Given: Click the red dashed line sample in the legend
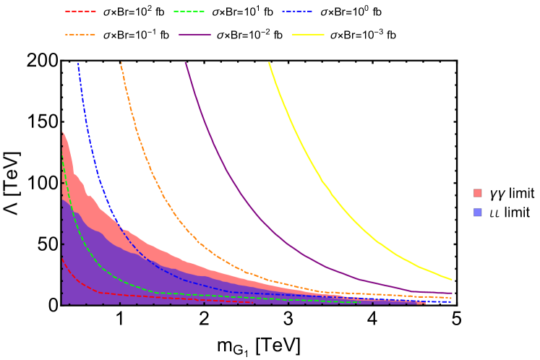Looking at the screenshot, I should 80,12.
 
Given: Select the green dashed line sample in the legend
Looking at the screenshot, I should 189,12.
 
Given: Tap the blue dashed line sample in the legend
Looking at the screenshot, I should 297,12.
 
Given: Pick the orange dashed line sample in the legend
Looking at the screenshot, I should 80,35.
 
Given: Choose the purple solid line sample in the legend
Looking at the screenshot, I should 194,35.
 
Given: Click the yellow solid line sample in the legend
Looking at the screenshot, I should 308,35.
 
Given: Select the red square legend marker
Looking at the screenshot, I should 477,193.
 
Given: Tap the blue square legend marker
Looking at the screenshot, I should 477,213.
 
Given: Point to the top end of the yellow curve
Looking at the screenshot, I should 270,63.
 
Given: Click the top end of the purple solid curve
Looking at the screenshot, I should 186,63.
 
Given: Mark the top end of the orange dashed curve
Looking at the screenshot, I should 121,63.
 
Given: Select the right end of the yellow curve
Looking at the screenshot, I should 452,279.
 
